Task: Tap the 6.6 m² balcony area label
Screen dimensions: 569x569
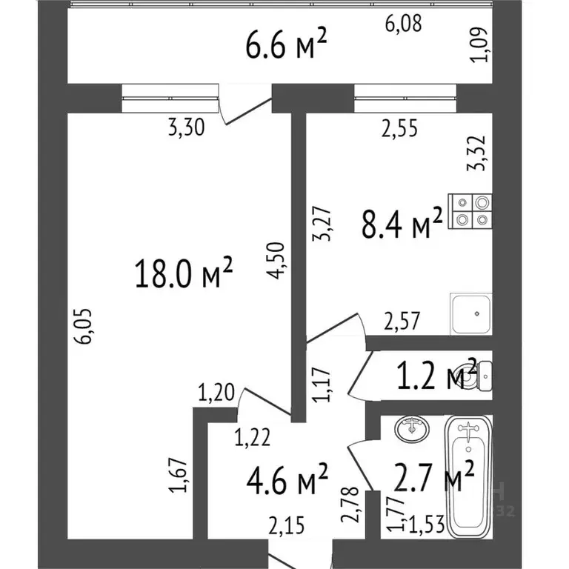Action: [x=286, y=44]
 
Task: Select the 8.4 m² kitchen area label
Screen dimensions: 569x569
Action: [x=402, y=223]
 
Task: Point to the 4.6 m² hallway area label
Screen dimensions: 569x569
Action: [x=287, y=479]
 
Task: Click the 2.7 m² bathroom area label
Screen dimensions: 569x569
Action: [x=433, y=476]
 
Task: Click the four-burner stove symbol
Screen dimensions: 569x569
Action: [x=470, y=211]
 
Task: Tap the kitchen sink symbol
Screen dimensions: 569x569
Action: [x=471, y=314]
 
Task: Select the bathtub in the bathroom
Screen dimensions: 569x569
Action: [x=468, y=477]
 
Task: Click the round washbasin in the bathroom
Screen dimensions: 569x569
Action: [x=411, y=428]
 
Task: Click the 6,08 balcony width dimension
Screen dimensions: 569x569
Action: [x=403, y=23]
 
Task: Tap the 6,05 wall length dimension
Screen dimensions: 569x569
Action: [x=83, y=326]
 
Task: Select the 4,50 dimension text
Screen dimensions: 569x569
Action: [x=276, y=260]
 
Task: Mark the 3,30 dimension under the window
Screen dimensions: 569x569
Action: [x=187, y=127]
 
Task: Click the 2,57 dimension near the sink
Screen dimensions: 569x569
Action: [x=402, y=321]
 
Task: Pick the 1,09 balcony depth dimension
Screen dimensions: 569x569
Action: [x=477, y=44]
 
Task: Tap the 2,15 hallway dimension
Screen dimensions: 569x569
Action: [x=286, y=525]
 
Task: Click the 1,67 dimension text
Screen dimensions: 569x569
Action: [x=178, y=476]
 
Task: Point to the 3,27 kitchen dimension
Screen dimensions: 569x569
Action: [x=322, y=224]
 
